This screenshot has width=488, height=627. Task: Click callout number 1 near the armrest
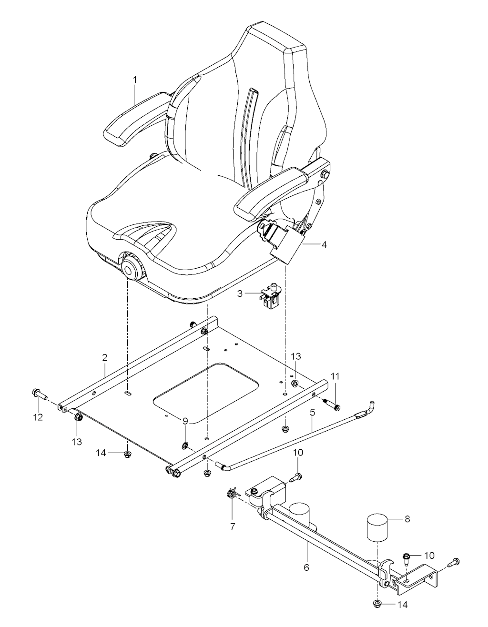coord(135,80)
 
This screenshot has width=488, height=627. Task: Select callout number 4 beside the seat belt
coord(324,245)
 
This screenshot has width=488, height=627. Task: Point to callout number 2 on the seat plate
coord(105,358)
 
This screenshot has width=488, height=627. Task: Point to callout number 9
coord(185,421)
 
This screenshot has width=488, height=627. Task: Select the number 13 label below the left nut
coord(77,442)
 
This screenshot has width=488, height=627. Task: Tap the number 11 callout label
coord(335,376)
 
